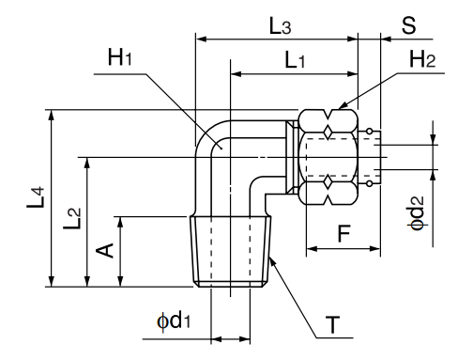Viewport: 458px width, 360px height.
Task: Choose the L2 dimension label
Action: [73, 224]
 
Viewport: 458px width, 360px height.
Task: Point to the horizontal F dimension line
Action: [343, 250]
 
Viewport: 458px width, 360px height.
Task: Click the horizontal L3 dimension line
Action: [276, 39]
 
